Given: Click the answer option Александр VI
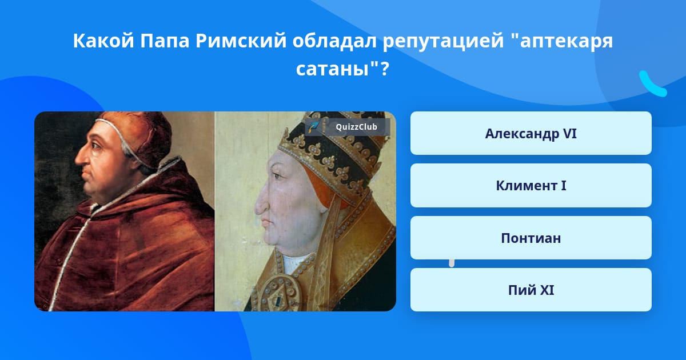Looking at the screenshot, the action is tap(531, 133).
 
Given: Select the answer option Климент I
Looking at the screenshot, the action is tap(531, 186).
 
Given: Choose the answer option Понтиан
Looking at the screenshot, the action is tap(531, 238).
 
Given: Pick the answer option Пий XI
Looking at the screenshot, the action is tap(531, 290).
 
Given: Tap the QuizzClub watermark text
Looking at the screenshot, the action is tap(356, 127).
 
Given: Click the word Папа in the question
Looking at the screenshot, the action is tap(165, 41).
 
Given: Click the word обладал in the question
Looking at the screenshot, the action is tap(334, 41).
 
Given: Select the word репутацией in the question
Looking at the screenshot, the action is tap(443, 41).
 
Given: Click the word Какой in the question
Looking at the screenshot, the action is tap(103, 41).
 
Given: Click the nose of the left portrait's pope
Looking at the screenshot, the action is tap(80, 158).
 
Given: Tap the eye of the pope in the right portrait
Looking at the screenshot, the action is tap(277, 176).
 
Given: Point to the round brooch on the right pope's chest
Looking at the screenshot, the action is tap(278, 294).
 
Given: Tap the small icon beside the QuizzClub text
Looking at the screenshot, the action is tap(314, 127).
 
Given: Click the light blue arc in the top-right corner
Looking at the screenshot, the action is tap(652, 84).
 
